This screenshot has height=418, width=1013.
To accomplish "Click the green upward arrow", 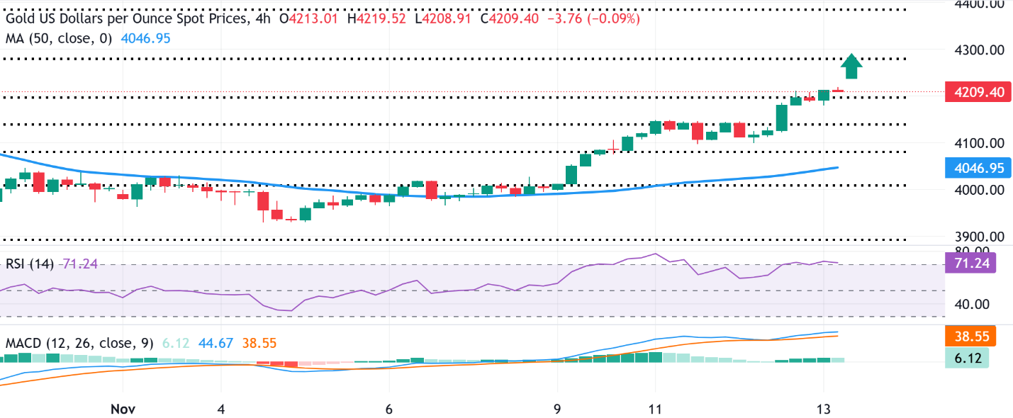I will (851, 67).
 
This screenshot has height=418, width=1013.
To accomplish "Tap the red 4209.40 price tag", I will (979, 91).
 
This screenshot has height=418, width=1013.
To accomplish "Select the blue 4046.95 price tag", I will (979, 168).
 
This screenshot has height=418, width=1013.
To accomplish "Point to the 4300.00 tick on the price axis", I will (979, 50).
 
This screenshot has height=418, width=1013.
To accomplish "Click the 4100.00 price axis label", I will (979, 143).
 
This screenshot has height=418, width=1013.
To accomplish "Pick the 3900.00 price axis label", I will (979, 237).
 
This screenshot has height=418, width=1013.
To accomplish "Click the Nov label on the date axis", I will (123, 409).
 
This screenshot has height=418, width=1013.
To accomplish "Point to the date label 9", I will (558, 409).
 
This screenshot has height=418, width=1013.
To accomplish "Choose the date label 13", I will (823, 409).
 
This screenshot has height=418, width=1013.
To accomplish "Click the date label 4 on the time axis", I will (221, 409).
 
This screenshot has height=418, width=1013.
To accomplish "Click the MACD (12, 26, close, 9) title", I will (79, 344).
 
